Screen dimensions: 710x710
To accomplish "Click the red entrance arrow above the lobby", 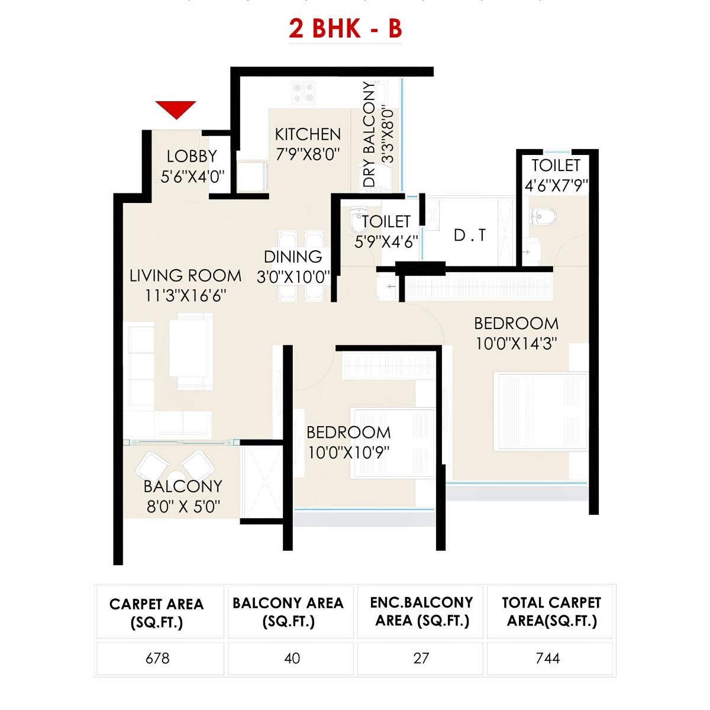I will coord(176,109).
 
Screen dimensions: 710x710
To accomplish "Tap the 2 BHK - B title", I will coord(346,28).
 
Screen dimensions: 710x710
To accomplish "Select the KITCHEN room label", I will coord(308,134).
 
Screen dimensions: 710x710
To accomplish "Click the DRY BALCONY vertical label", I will coord(370,135).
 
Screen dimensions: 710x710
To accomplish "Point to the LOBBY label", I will coord(192,156).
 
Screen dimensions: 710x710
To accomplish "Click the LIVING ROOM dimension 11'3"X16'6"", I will coord(186,295).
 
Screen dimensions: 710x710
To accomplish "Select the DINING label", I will coord(293,257).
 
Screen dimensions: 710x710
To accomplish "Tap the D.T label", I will coord(470,235).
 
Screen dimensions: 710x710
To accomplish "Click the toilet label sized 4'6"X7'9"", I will coord(556,175).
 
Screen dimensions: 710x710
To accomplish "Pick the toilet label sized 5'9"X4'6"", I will coord(386,231).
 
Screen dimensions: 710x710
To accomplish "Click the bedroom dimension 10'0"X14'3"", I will coord(517,343).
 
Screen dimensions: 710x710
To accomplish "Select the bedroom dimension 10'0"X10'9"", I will coord(348,453).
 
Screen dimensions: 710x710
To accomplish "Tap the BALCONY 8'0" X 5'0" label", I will coord(183,496).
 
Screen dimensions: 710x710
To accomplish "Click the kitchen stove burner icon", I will coord(303,92).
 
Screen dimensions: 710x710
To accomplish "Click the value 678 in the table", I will coord(157,658).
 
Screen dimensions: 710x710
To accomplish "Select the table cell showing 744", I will coord(547,658).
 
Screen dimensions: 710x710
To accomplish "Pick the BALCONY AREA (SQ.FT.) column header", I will coord(288,612).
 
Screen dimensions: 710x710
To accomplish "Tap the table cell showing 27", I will coord(421,658).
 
